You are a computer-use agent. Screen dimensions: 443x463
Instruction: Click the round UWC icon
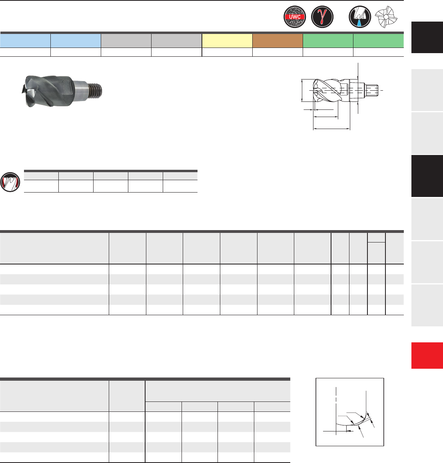coord(295,17)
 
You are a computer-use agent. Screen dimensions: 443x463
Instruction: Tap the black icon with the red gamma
coord(322,17)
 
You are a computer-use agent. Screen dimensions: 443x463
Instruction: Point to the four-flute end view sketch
coord(386,17)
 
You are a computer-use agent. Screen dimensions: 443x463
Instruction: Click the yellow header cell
coord(227,40)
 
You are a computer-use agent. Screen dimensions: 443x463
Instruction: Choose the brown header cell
coord(277,40)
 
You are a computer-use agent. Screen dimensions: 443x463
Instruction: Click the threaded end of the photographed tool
coord(96,90)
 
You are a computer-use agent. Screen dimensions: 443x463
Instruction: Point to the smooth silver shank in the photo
coord(81,90)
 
